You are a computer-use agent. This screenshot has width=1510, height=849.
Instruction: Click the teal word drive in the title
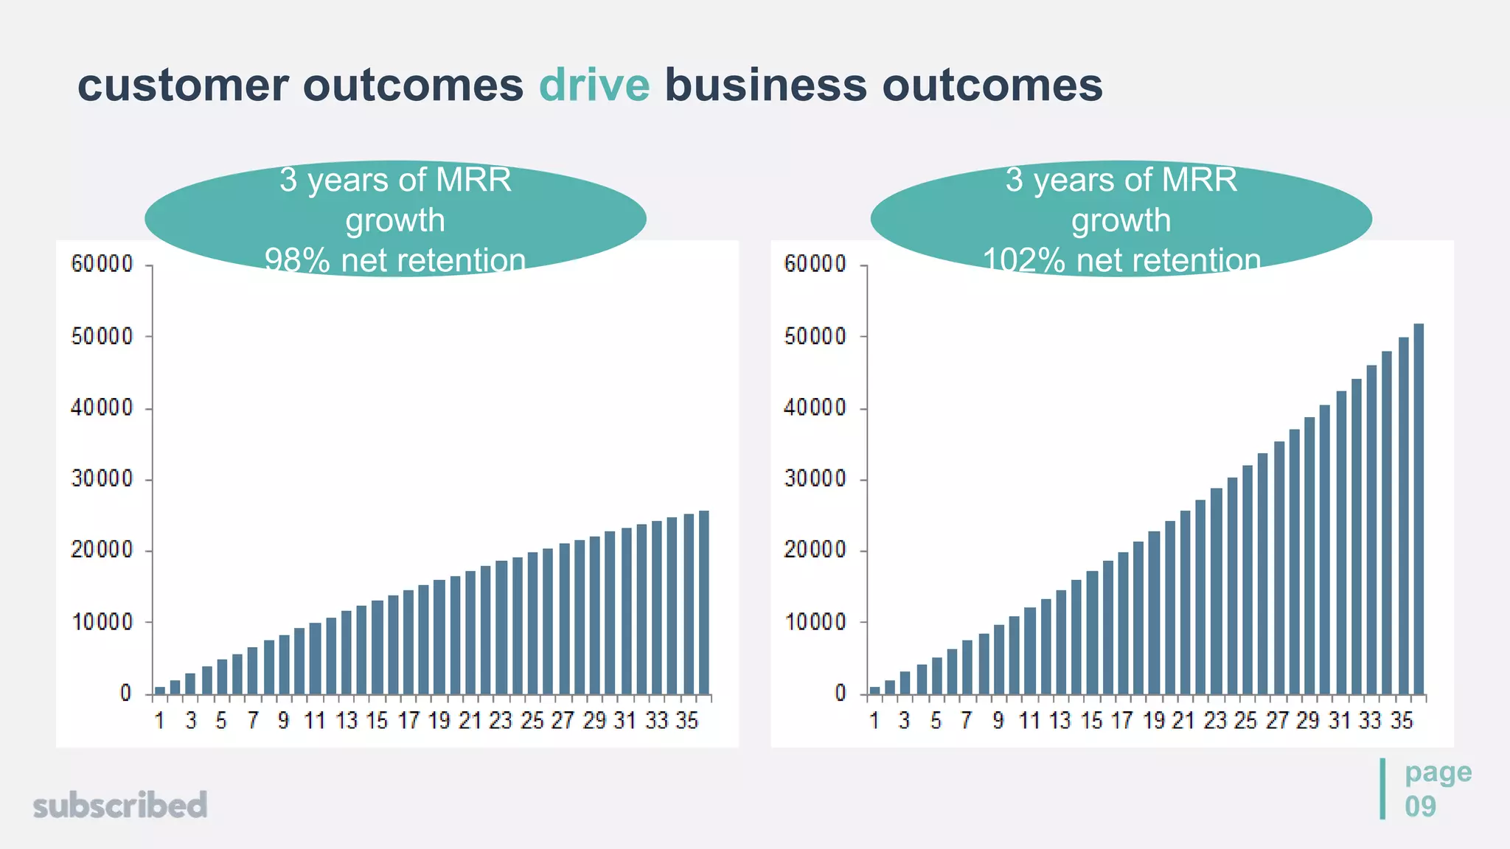(x=594, y=85)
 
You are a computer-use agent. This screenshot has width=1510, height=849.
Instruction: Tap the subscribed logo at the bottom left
(x=120, y=805)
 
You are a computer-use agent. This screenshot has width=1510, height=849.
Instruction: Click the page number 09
(x=1420, y=806)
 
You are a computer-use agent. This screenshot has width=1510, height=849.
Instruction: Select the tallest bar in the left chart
(x=703, y=602)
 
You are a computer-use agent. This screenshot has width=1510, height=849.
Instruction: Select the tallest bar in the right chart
(x=1419, y=509)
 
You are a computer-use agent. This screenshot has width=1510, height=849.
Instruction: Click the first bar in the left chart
(x=160, y=690)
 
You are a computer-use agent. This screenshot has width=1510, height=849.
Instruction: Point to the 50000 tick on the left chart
(x=102, y=337)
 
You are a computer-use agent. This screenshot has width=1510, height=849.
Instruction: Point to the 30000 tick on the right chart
(x=815, y=479)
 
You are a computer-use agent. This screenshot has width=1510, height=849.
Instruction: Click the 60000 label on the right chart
(x=815, y=264)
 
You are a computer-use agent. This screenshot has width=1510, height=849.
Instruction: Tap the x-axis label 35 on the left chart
(x=686, y=721)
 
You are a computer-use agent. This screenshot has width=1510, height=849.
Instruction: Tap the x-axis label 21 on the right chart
(x=1183, y=721)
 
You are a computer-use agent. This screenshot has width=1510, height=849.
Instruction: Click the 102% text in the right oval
(x=1023, y=261)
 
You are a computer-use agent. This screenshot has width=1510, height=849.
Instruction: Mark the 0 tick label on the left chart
(x=126, y=693)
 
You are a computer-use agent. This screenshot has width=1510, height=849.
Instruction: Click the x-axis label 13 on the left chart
(x=346, y=721)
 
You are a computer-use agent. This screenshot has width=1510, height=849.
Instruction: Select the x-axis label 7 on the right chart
(x=967, y=721)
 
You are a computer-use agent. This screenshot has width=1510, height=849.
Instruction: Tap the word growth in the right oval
(x=1121, y=220)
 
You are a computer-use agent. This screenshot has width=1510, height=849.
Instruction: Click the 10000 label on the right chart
(x=815, y=623)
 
